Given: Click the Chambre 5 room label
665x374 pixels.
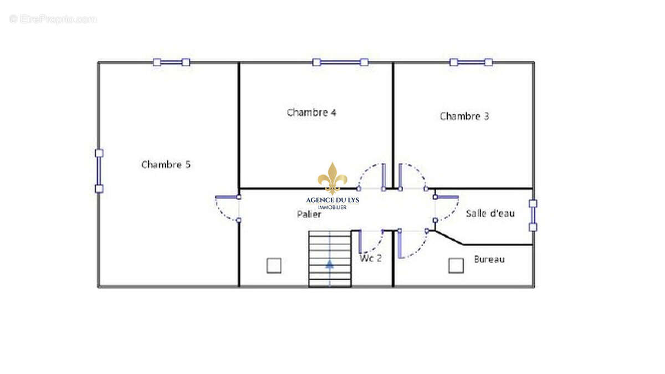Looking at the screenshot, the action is tap(166, 165).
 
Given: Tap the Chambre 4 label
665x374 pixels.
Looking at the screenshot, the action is tap(311, 112).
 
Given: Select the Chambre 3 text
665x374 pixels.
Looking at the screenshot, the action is tap(464, 116).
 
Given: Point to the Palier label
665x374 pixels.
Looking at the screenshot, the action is tap(309, 214).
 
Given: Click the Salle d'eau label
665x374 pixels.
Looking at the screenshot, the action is tap(490, 213).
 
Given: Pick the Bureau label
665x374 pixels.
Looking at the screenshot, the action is tap(489, 259).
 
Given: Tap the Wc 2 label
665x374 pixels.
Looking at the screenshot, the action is tap(371, 258).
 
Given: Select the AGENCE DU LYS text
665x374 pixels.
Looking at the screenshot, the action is tap(332, 201).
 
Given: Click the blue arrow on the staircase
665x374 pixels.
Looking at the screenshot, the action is tap(330, 264).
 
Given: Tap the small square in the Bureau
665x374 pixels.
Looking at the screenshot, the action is tap(456, 265).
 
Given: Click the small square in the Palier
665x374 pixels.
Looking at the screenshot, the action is tap(274, 265).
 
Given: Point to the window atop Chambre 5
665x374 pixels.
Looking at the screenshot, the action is tap(171, 62).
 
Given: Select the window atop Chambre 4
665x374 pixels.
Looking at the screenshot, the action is tap(340, 62).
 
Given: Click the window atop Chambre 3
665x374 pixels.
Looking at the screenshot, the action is tap(471, 62).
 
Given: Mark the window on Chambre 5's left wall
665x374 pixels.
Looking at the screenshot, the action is tap(99, 171).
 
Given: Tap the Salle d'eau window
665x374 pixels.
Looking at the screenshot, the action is tap(533, 216).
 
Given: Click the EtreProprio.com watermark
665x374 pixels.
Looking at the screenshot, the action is tap(53, 19).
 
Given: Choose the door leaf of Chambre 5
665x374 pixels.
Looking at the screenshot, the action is tap(228, 197).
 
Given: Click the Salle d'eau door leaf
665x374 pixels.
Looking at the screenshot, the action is tap(446, 197).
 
